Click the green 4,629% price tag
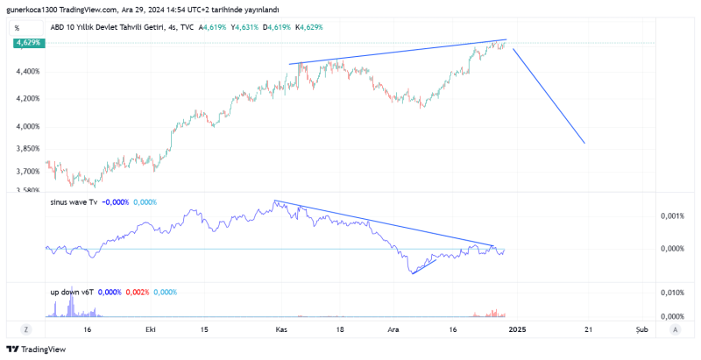[x=25, y=42]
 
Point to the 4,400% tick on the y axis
[x=26, y=71]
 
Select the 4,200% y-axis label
[x=26, y=98]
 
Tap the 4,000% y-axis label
[x=26, y=126]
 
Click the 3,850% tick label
[x=26, y=149]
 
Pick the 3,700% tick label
[x=26, y=172]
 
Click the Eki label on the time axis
[x=151, y=329]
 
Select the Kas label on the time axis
[x=281, y=329]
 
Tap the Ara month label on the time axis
[x=393, y=329]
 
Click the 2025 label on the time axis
[x=517, y=329]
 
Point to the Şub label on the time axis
[x=642, y=329]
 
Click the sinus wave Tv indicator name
[x=74, y=202]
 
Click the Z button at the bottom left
[x=26, y=329]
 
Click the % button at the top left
[x=17, y=27]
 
